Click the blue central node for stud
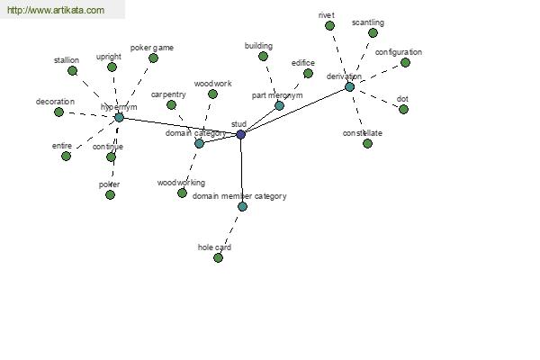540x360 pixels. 240,134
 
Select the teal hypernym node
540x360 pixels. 119,118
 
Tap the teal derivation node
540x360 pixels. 349,86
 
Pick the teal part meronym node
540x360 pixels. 279,106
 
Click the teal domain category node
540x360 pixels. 199,144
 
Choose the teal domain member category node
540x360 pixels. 242,207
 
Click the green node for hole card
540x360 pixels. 218,257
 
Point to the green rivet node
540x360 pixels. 329,25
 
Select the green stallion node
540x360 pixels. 72,70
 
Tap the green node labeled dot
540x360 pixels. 403,109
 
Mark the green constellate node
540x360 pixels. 367,143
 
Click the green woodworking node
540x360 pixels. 182,193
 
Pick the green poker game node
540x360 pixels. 153,58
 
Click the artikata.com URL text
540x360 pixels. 56,10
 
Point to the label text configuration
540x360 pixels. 399,52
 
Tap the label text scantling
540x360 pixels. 368,22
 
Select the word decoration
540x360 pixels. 55,102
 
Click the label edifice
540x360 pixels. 303,63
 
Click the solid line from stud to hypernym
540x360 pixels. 180,126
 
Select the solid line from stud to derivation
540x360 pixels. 295,111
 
